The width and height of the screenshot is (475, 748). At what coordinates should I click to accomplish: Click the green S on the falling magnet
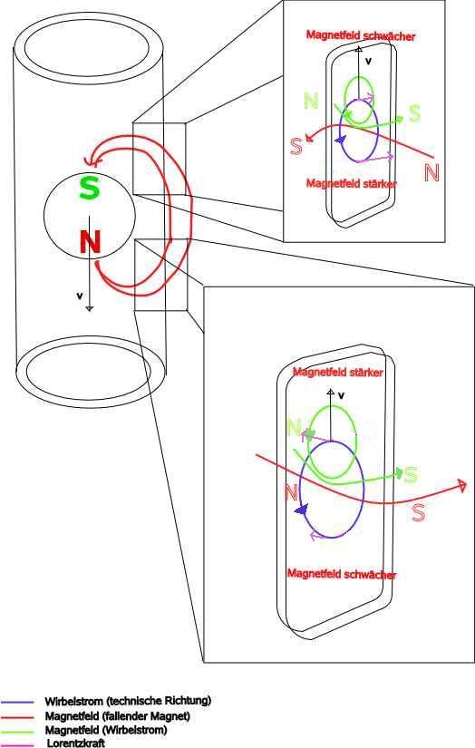(89, 188)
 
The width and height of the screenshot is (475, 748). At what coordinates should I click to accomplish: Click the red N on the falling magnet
(90, 241)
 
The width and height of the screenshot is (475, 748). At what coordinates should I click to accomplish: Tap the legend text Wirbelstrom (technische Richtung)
(128, 701)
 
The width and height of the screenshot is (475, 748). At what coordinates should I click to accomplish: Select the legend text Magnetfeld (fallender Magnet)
(117, 715)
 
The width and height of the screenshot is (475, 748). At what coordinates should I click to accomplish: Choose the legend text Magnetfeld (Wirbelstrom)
(106, 730)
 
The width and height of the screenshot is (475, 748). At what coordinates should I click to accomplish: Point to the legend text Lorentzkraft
(76, 743)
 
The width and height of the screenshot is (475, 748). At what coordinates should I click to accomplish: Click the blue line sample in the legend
(17, 702)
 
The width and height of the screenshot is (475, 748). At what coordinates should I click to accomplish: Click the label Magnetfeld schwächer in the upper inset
(361, 35)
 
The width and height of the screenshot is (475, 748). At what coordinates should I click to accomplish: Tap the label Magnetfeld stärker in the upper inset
(352, 183)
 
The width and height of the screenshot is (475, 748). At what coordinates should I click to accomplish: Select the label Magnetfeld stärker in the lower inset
(337, 372)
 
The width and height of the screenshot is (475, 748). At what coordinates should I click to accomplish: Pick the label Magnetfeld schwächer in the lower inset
(342, 574)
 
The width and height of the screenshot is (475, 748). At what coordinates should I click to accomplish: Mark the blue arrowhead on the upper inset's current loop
(340, 140)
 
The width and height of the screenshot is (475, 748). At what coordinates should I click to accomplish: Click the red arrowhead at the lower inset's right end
(461, 486)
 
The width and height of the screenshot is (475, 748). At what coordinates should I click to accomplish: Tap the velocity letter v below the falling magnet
(80, 296)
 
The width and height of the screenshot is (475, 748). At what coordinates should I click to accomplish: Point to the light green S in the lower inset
(411, 475)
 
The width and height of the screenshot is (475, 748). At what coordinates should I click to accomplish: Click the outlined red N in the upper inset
(431, 172)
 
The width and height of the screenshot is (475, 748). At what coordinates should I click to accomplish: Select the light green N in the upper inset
(311, 102)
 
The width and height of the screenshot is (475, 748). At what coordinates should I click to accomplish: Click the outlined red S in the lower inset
(418, 512)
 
